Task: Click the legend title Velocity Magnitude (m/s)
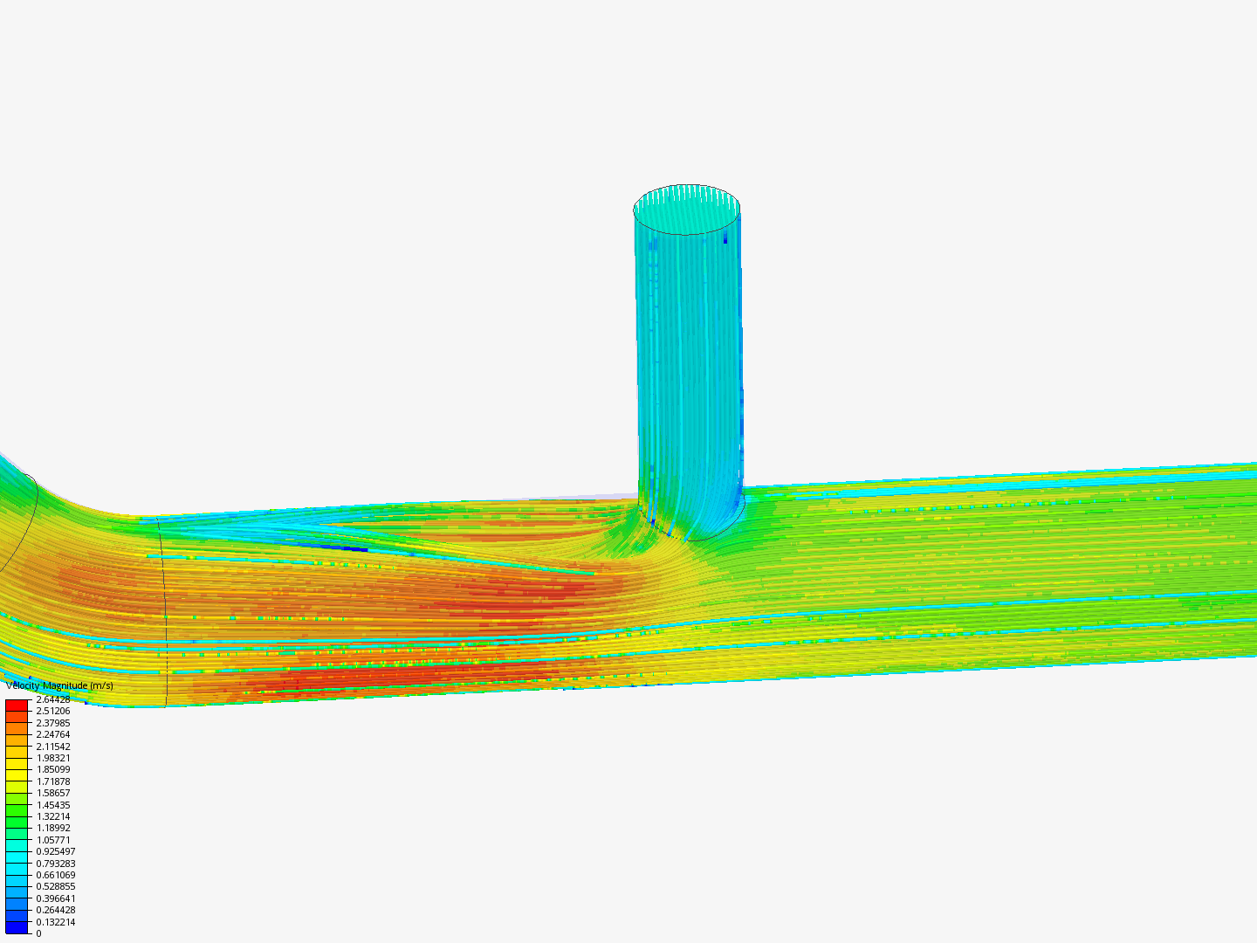tap(59, 685)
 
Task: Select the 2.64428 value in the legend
tap(52, 699)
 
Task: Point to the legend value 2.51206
tap(52, 711)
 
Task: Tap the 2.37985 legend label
tap(52, 723)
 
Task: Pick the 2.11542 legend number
tap(52, 747)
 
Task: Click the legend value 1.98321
tap(52, 758)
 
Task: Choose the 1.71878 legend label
tap(52, 781)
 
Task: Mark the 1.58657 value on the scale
tap(52, 793)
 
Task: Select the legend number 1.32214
tap(52, 816)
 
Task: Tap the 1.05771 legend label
tap(52, 840)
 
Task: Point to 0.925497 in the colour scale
tap(55, 851)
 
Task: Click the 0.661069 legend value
tap(55, 875)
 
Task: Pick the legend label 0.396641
tap(55, 898)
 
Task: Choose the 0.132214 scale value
tap(55, 922)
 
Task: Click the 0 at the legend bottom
tap(38, 933)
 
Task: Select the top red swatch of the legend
tap(17, 705)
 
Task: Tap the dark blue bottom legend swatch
tap(17, 927)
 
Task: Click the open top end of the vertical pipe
tap(687, 210)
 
